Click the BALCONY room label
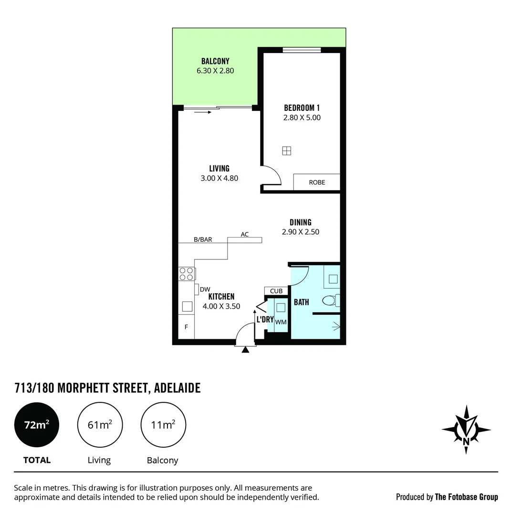coord(215,61)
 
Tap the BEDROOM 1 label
coord(302,108)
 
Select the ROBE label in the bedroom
coord(317,183)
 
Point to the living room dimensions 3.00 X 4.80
coord(219,179)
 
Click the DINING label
coord(301,222)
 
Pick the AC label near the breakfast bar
coord(245,235)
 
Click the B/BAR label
coord(203,240)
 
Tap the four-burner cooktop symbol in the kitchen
coord(186,274)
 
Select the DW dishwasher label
coord(205,290)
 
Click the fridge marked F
coord(186,327)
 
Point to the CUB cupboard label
coord(276,291)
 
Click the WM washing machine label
coord(281,322)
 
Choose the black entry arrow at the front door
coord(245,350)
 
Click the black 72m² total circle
coord(37,424)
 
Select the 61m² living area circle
coord(100,424)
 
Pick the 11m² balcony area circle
coord(163,424)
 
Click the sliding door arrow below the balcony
coord(202,113)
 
